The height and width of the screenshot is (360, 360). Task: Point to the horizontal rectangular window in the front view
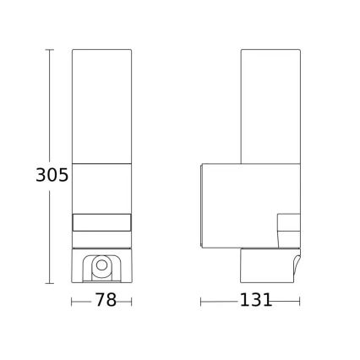(x=101, y=223)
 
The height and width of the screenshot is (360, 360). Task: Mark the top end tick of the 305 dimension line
(x=49, y=51)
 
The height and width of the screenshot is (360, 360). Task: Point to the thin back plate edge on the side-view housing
(x=202, y=203)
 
